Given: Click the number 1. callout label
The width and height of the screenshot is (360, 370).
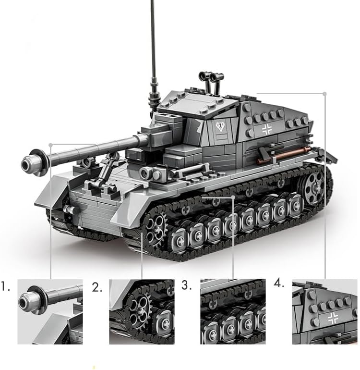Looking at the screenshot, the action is [5, 286].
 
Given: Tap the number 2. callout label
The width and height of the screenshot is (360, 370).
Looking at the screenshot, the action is [97, 287].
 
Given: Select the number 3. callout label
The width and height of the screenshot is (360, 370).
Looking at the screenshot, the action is [187, 285].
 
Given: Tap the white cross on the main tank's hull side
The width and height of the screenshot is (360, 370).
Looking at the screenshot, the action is [267, 129].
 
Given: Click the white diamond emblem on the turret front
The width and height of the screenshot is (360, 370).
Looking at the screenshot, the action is [220, 126].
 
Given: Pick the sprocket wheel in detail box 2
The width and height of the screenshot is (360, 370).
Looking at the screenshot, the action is [139, 306].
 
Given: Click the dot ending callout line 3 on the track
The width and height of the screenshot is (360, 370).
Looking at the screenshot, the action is [233, 197].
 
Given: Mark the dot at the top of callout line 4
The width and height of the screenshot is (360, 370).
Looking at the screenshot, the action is [325, 94].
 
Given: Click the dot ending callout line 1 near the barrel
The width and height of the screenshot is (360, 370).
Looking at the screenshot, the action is [50, 145].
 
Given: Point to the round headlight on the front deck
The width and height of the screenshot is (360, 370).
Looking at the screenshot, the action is [145, 173].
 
